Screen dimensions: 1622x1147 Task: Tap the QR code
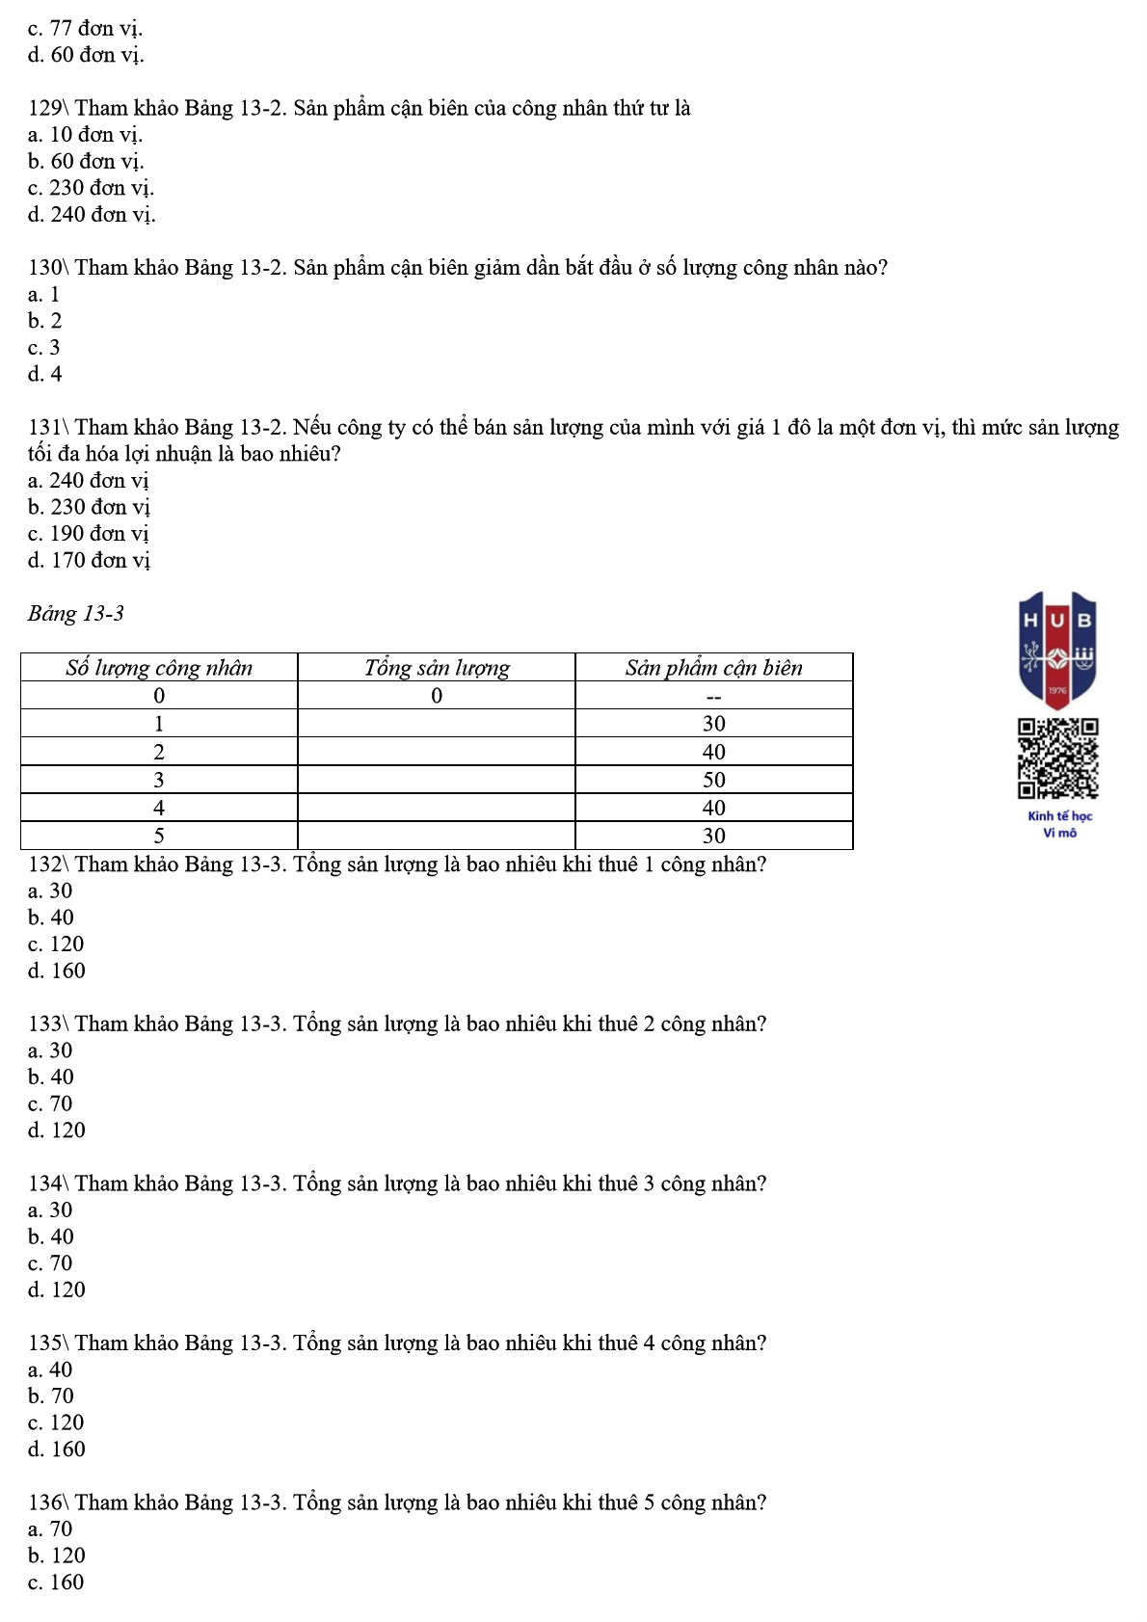click(x=1057, y=758)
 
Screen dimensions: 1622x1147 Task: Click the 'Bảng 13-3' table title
click(x=76, y=614)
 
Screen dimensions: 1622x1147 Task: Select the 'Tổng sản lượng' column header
click(x=437, y=668)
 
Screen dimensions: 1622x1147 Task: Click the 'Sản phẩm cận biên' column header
click(x=713, y=668)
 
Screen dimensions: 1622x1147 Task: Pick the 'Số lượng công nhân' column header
click(x=159, y=668)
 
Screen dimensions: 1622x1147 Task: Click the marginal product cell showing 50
click(x=713, y=780)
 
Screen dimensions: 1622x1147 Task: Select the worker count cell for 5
click(x=159, y=836)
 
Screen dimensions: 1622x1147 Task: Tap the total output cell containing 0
click(x=437, y=696)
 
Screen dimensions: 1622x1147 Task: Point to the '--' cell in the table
click(x=713, y=696)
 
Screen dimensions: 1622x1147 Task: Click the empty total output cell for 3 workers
click(x=437, y=780)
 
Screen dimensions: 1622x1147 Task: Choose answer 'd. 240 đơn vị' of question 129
click(x=92, y=214)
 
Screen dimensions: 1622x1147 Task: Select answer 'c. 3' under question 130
click(x=44, y=347)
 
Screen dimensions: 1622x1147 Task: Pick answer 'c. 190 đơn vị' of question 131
click(x=89, y=533)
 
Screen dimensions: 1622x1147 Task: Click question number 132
click(x=45, y=864)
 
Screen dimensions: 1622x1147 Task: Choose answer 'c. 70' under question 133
click(x=50, y=1103)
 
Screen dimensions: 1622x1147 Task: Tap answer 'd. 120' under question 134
click(x=57, y=1290)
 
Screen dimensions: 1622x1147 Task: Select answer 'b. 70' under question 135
click(x=51, y=1396)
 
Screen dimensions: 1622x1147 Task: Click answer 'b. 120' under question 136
click(x=57, y=1556)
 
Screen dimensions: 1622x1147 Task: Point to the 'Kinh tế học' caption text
click(x=1059, y=816)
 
